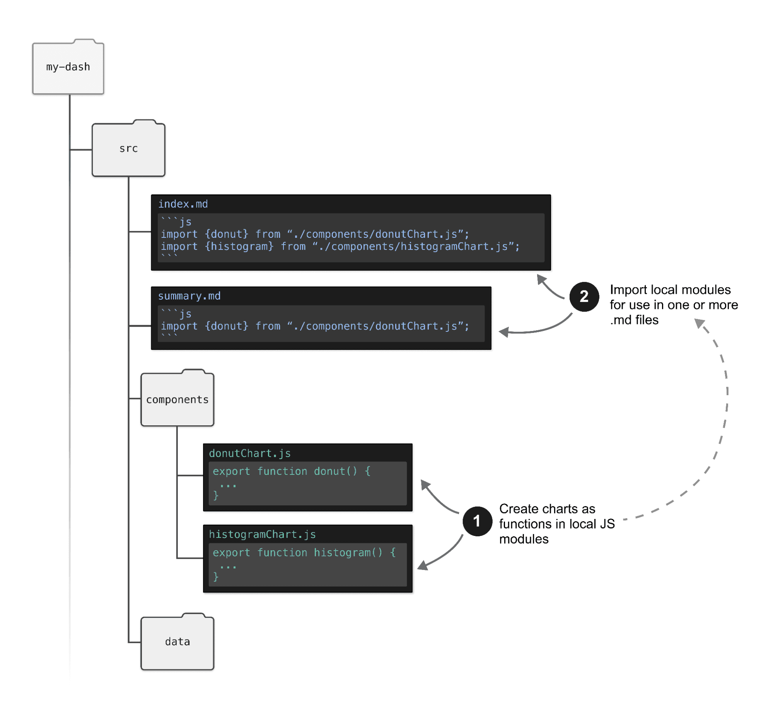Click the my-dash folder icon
click(68, 67)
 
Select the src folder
click(128, 149)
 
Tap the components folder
click(177, 399)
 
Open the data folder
click(177, 641)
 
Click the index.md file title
click(183, 204)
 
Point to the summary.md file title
click(189, 296)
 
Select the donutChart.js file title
click(249, 453)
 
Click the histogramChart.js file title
click(262, 534)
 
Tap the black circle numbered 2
click(584, 297)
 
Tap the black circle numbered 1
click(477, 521)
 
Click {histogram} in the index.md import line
click(239, 246)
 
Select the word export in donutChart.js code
click(231, 471)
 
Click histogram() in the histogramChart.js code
click(348, 553)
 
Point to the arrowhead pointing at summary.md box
click(503, 332)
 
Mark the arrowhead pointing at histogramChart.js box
click(422, 566)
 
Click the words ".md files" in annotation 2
click(634, 320)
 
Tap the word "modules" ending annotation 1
click(524, 539)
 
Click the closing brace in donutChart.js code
click(216, 495)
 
